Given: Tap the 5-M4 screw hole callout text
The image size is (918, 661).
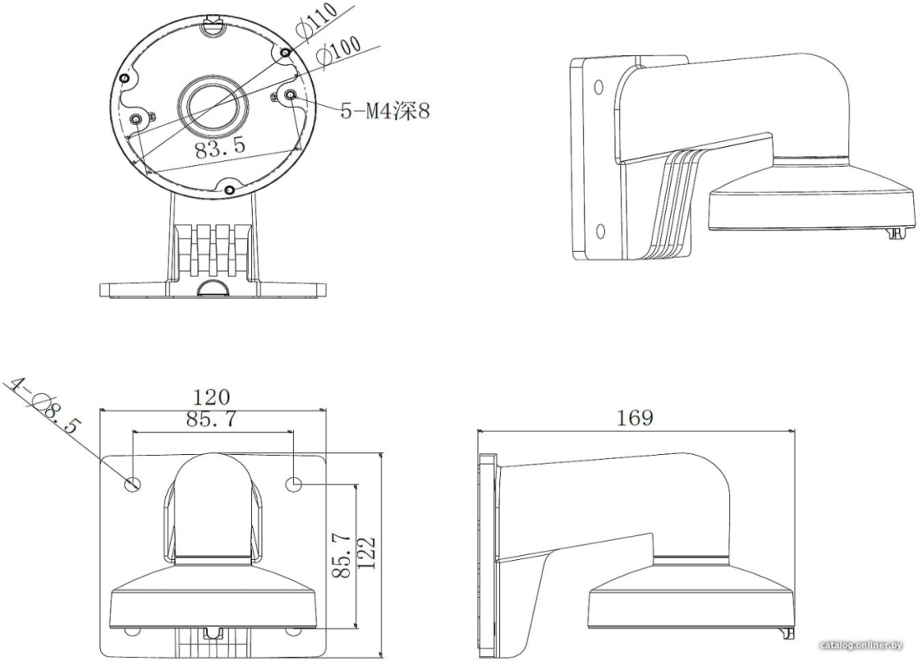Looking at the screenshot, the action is [386, 109].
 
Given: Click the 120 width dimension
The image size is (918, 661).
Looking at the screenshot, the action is [211, 397].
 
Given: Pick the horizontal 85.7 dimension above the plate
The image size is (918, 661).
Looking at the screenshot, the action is [211, 419].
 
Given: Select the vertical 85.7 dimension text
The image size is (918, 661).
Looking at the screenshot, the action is [341, 554].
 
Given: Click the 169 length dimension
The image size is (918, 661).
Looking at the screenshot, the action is [634, 417].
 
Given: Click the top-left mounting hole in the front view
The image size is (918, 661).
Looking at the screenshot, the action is [133, 483].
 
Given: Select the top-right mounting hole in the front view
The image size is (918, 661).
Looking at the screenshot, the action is [293, 483].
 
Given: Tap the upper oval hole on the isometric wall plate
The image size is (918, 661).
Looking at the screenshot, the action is [598, 88].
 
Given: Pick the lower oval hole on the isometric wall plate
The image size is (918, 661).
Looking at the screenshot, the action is [599, 231].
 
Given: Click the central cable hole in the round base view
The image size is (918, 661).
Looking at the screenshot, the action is [214, 107].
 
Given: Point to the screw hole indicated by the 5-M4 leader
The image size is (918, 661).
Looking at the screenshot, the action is [290, 95].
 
